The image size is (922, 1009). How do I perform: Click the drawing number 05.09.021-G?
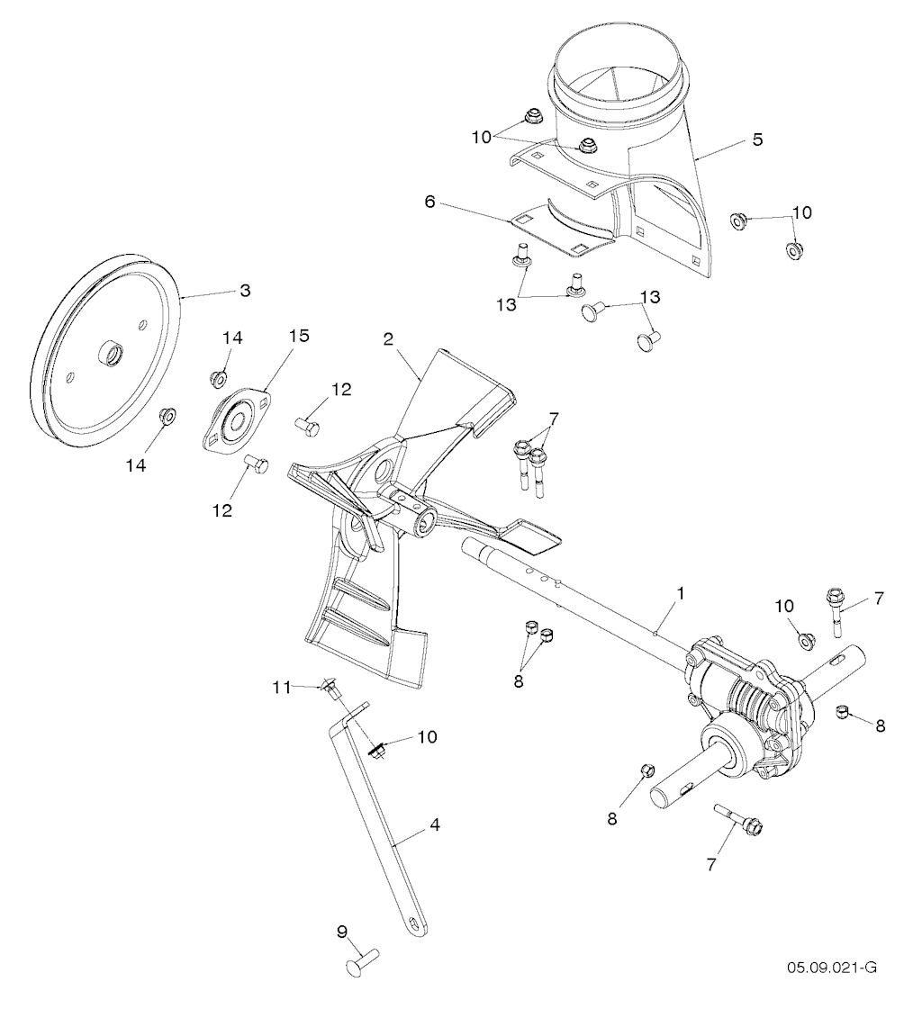[x=831, y=968]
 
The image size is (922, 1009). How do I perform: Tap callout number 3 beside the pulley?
[x=245, y=292]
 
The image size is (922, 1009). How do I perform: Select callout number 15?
[x=298, y=336]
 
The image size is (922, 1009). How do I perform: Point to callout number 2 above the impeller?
[x=388, y=339]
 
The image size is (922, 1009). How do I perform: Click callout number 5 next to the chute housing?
[x=757, y=140]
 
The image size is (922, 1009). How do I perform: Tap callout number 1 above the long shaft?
[x=682, y=594]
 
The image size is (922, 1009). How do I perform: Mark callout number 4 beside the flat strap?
[x=435, y=823]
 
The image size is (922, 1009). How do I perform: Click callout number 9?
[x=342, y=932]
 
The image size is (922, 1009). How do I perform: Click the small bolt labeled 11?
[x=331, y=691]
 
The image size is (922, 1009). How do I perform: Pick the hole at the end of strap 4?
[x=415, y=923]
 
